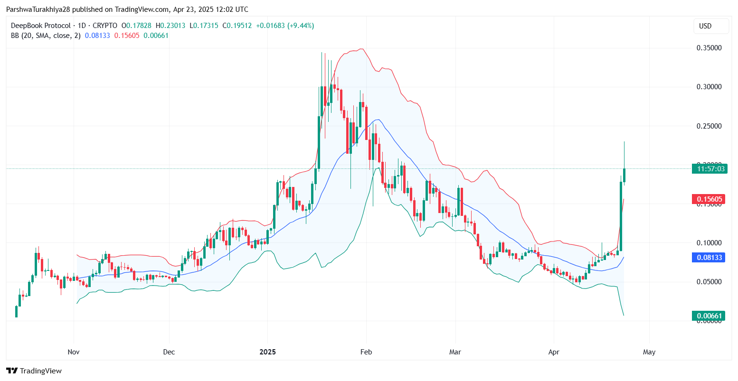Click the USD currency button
click(x=710, y=26)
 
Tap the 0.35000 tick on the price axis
click(x=709, y=48)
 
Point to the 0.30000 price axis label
click(x=709, y=87)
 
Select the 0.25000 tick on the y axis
click(x=709, y=126)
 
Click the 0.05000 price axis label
click(x=709, y=282)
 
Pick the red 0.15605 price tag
click(x=709, y=199)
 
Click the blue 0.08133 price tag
click(x=709, y=258)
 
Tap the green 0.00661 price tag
click(x=709, y=316)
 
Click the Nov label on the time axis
click(x=73, y=352)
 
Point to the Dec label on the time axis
click(x=169, y=352)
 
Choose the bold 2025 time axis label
click(x=267, y=352)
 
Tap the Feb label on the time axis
click(x=366, y=352)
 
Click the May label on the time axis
click(x=649, y=352)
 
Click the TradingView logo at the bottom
click(x=34, y=371)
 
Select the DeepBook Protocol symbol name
click(x=40, y=26)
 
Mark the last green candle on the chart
click(x=624, y=175)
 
